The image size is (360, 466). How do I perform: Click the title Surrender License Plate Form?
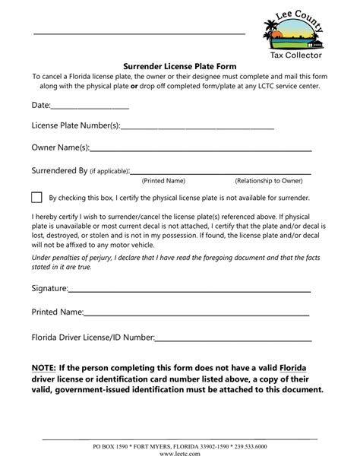click(x=179, y=66)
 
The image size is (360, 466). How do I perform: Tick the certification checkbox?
click(x=37, y=197)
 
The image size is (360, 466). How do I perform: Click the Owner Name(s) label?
click(x=60, y=147)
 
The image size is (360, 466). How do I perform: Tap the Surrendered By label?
click(x=59, y=171)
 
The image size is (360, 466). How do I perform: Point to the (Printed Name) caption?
click(x=163, y=181)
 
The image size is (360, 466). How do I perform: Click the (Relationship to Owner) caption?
click(x=268, y=181)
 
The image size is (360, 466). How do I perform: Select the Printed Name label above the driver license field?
click(x=56, y=312)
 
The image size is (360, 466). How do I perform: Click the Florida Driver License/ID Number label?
click(x=93, y=336)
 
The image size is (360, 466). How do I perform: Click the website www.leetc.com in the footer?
click(x=180, y=453)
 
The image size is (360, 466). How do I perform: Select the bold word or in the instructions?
click(x=134, y=86)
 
